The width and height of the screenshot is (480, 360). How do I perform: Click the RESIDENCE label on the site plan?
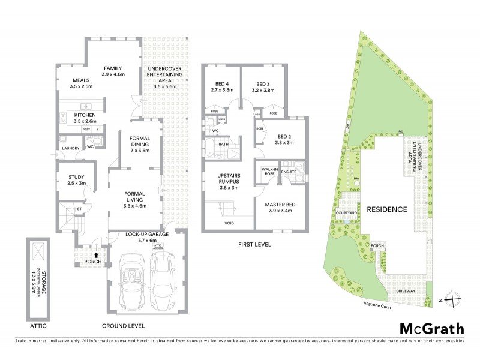387,210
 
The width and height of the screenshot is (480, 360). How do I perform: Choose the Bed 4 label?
222,87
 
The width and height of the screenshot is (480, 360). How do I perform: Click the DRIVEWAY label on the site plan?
406,290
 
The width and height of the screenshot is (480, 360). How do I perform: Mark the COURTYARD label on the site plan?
347,212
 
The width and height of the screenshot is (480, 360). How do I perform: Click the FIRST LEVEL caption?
255,245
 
